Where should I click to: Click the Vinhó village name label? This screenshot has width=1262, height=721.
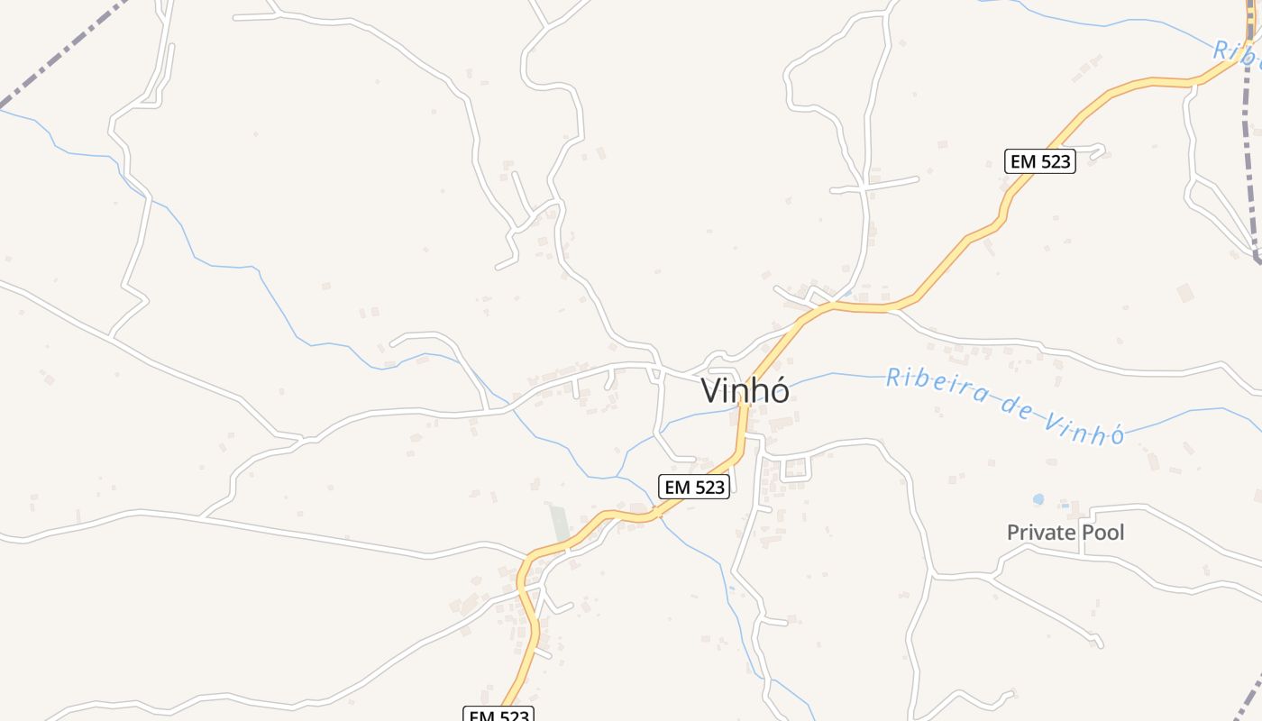[x=745, y=391]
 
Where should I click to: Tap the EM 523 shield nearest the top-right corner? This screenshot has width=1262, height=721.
[x=1040, y=161]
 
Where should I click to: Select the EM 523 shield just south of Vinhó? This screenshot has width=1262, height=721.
[x=693, y=487]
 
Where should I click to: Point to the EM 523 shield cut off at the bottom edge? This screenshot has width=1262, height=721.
[x=499, y=715]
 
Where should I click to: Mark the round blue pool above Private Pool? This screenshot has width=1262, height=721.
[x=1038, y=499]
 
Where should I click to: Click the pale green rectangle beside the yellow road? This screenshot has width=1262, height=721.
[x=560, y=524]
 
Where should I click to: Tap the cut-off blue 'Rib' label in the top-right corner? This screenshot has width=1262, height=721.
[x=1236, y=51]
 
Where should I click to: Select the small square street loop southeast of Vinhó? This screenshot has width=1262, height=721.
[x=795, y=468]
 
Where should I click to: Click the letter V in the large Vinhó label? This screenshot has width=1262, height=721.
[x=712, y=391]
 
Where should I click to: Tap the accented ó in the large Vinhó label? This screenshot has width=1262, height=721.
[x=779, y=391]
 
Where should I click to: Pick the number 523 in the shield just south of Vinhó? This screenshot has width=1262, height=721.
[x=709, y=487]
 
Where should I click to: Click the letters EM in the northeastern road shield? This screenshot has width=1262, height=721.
[x=1023, y=161]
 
